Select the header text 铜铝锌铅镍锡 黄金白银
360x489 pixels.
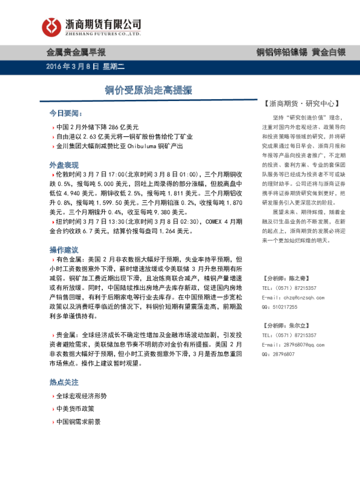click(x=300, y=52)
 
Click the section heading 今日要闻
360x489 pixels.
click(x=65, y=113)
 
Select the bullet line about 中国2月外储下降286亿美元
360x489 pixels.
click(x=97, y=127)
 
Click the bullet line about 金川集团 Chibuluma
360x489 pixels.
click(x=118, y=146)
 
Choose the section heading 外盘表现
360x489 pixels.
click(x=64, y=165)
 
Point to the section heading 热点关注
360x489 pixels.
click(x=64, y=382)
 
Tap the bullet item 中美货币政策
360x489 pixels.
click(x=74, y=409)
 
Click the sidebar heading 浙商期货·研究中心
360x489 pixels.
click(x=300, y=103)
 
